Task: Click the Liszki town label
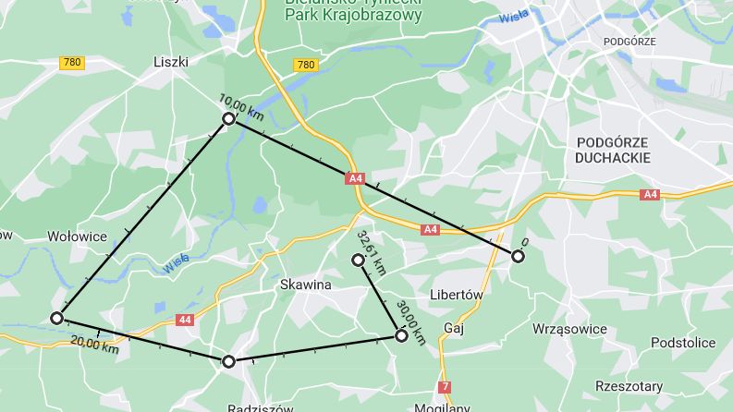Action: point(170,61)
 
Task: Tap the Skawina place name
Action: point(305,285)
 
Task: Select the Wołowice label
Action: point(77,236)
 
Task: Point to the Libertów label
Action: point(458,295)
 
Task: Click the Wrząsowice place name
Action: point(569,329)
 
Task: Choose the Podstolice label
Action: point(683,343)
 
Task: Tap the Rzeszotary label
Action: point(629,386)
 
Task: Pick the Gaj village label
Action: point(453,328)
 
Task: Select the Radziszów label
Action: point(260,407)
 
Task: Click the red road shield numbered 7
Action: point(446,386)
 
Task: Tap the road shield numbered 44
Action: point(184,320)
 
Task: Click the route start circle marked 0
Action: point(519,257)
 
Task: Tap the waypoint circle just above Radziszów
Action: point(228,361)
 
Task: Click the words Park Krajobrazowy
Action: point(353,16)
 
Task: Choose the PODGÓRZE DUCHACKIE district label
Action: point(612,150)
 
